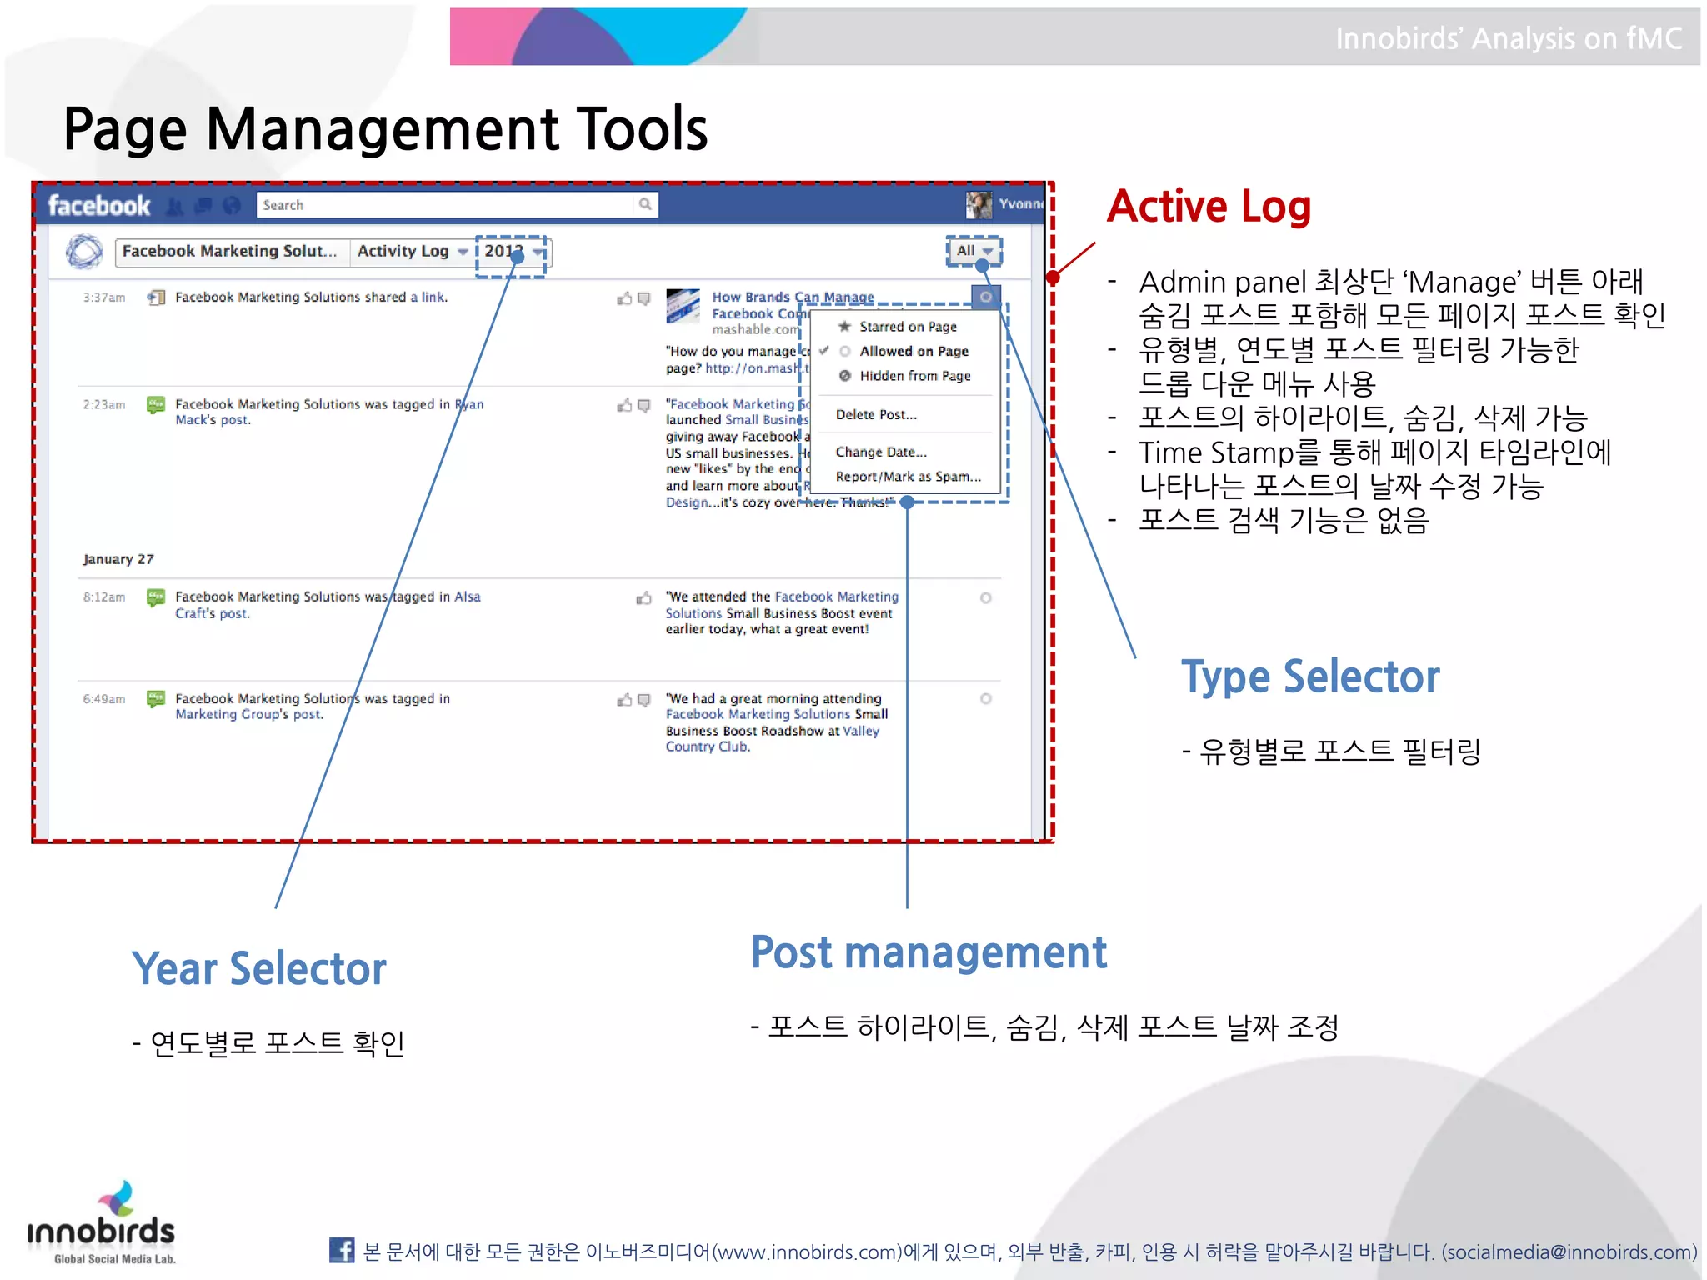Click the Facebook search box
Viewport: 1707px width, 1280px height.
point(450,205)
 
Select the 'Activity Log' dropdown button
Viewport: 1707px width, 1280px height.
point(411,251)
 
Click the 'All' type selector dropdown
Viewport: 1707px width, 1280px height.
point(973,251)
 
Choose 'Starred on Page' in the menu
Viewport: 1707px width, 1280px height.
point(907,327)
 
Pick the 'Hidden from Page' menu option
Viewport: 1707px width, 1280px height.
point(914,376)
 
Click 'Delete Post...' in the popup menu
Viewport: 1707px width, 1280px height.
point(875,414)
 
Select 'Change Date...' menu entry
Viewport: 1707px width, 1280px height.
point(880,452)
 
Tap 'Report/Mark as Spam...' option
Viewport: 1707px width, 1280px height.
point(908,477)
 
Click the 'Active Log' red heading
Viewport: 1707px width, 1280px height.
point(1209,206)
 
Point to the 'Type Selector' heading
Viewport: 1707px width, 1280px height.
point(1309,676)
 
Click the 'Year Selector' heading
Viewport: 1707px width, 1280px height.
point(258,968)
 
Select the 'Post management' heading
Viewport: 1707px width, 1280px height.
point(929,952)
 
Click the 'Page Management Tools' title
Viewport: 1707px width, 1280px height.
point(385,129)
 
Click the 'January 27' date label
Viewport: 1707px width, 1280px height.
point(118,559)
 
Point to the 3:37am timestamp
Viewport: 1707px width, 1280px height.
point(104,297)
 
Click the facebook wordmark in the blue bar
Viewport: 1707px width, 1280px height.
point(98,205)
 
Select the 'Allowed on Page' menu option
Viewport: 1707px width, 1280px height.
point(913,352)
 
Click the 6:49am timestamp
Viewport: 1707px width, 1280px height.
point(104,699)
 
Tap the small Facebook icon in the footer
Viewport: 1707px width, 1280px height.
point(341,1250)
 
